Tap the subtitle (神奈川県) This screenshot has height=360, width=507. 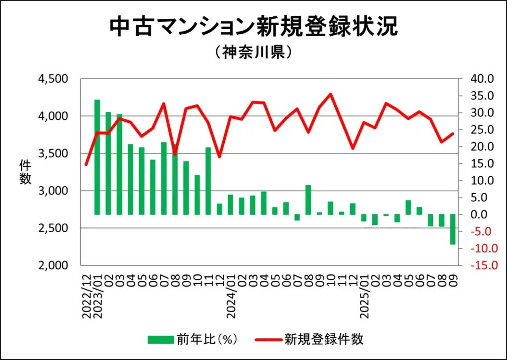point(253,52)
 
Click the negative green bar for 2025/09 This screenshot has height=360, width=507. point(453,229)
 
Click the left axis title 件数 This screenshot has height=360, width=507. point(25,172)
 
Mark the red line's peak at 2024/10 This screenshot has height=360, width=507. point(330,94)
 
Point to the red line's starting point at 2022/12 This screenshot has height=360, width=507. point(86,164)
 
